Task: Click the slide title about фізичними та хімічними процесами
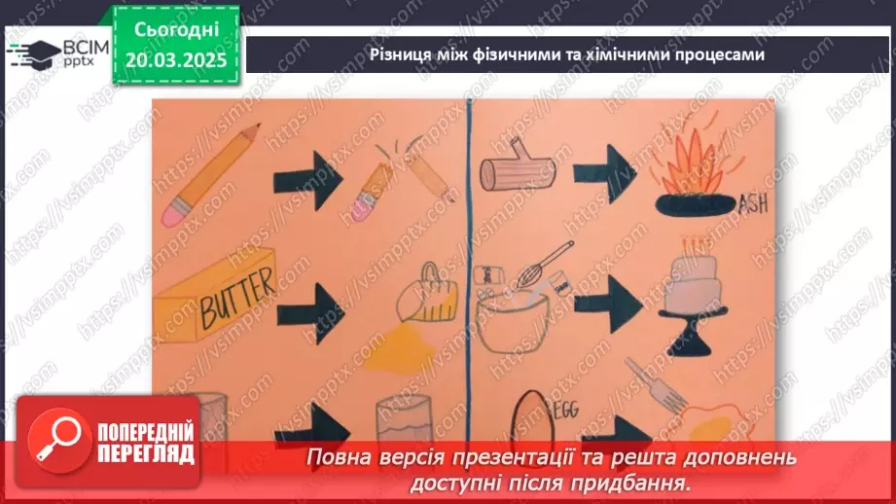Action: point(567,54)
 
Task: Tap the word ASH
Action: point(752,205)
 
